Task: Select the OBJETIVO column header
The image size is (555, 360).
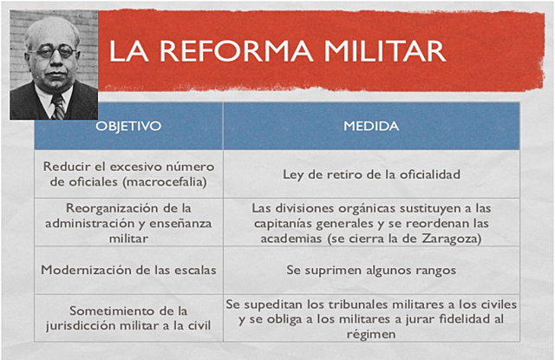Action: (x=128, y=126)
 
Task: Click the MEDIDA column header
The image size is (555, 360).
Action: (x=371, y=126)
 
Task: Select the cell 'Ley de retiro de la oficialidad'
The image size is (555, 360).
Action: (x=371, y=173)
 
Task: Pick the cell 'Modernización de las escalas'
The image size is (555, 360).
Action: (x=128, y=270)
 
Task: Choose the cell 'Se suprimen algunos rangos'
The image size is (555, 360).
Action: (x=371, y=270)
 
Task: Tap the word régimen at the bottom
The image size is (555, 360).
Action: (x=371, y=336)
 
